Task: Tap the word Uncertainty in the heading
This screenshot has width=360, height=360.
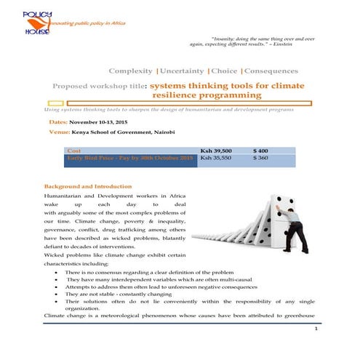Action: [182, 71]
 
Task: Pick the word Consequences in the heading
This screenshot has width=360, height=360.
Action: [272, 71]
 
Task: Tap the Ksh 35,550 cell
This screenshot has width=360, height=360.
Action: [216, 157]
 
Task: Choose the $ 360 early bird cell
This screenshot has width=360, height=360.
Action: [260, 157]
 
